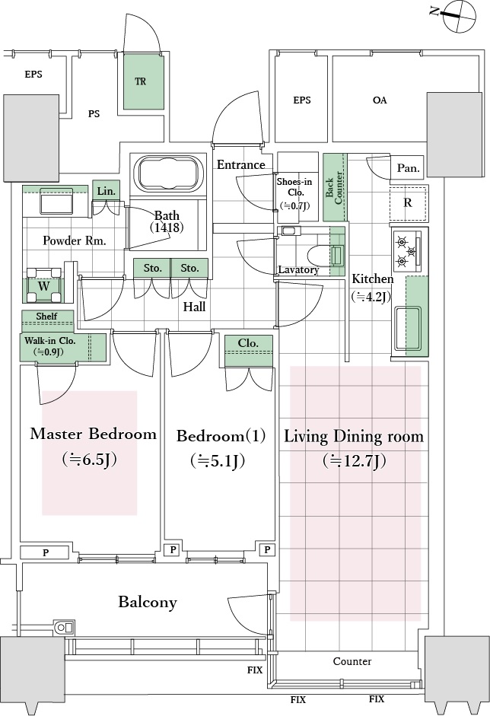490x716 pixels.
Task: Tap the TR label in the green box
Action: (x=141, y=81)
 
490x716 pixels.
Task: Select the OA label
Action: (x=379, y=100)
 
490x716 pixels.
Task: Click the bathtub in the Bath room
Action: (x=169, y=175)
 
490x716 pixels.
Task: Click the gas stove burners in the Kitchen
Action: (x=404, y=250)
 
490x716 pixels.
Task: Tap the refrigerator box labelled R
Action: (x=408, y=203)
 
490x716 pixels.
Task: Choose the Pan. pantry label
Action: (x=406, y=167)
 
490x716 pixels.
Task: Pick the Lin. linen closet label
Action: (x=106, y=192)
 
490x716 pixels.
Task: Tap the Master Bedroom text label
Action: (x=93, y=434)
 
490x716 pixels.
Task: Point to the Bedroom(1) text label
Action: (x=221, y=436)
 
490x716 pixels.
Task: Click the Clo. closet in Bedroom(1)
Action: (x=248, y=344)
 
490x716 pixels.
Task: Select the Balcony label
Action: (x=148, y=603)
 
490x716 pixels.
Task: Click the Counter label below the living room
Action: (x=352, y=661)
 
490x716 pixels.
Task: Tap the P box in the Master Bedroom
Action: (x=46, y=552)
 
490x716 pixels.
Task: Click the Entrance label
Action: (x=241, y=165)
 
